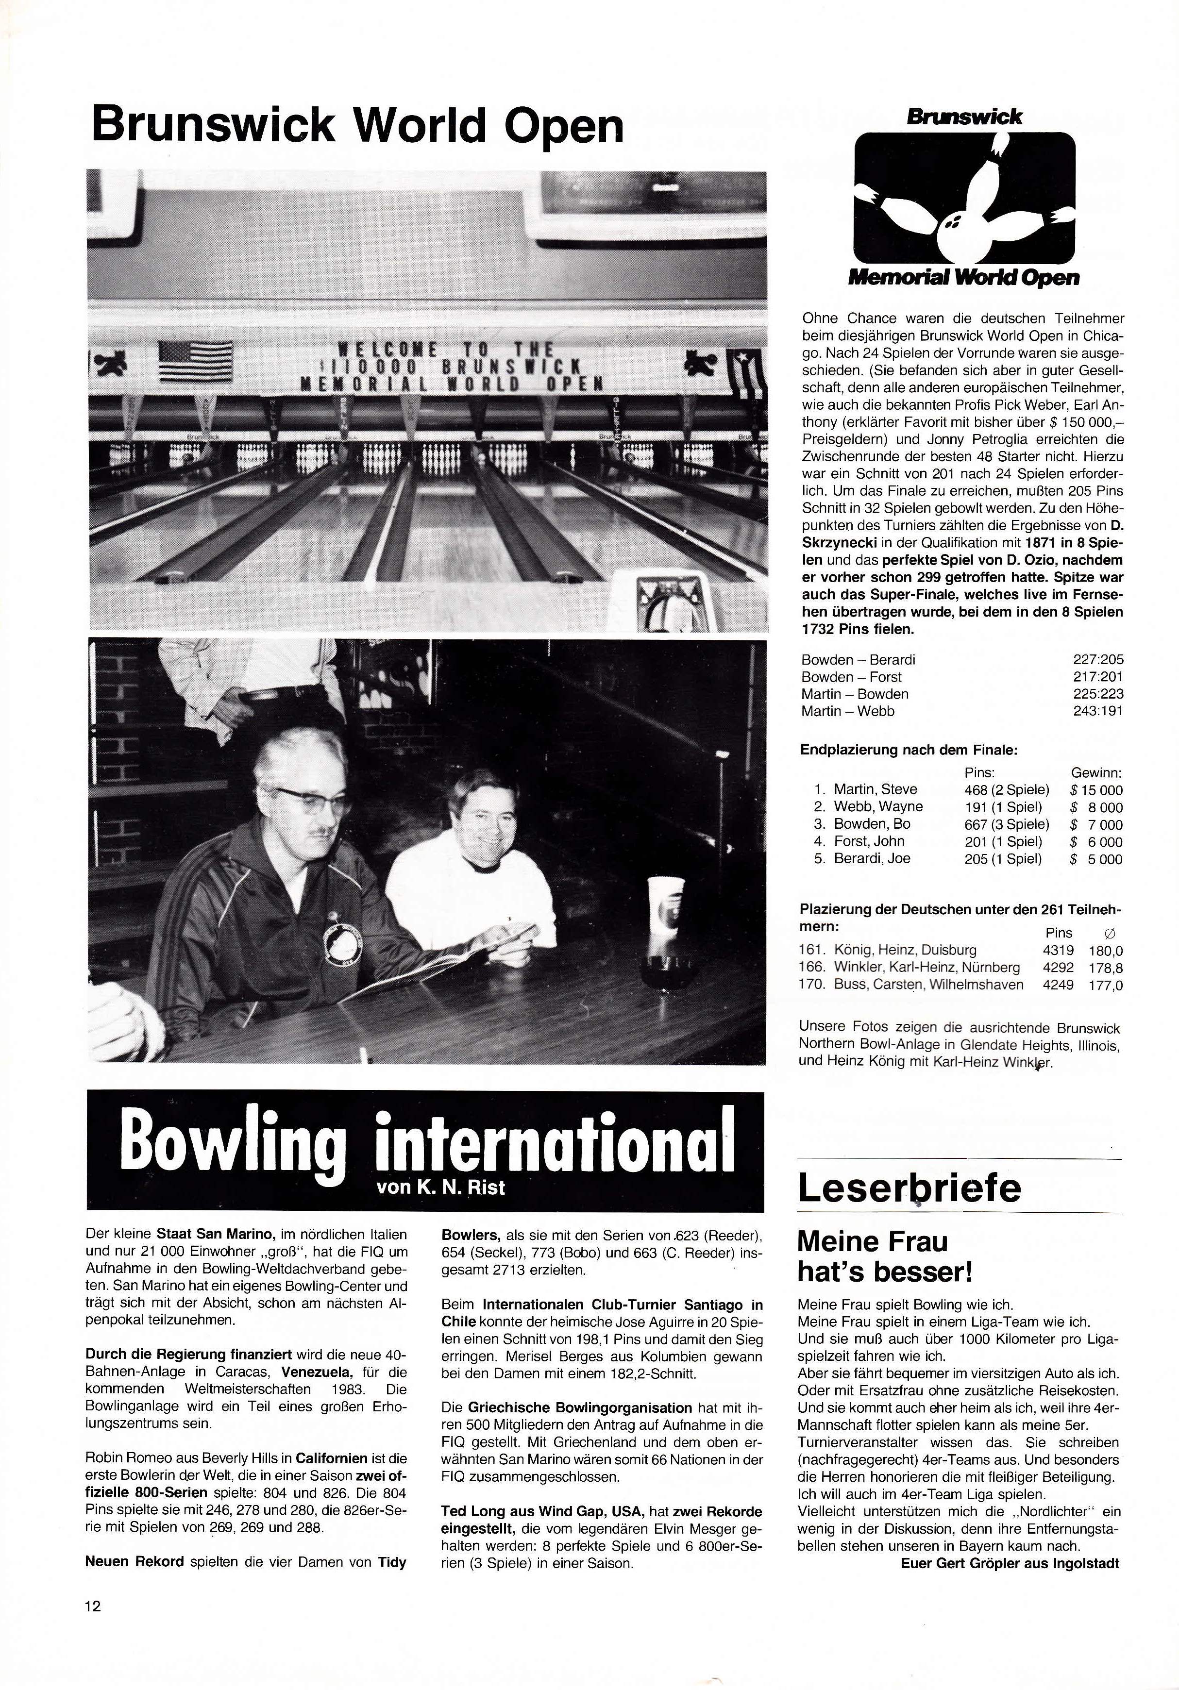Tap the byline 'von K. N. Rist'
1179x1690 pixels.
pyautogui.click(x=440, y=1188)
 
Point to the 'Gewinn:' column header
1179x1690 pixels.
pyautogui.click(x=1096, y=773)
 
